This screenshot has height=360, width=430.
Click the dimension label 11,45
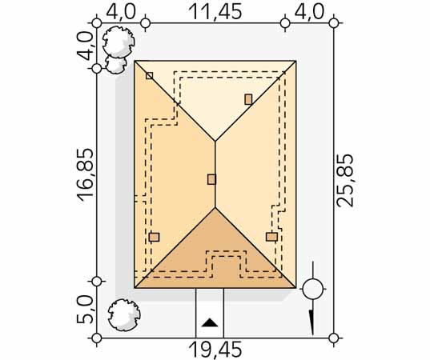tap(215, 11)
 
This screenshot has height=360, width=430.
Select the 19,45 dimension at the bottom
tap(215, 350)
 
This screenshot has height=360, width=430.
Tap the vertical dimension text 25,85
tap(344, 180)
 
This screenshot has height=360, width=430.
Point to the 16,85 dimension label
tap(86, 175)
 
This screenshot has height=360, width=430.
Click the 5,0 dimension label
tap(86, 310)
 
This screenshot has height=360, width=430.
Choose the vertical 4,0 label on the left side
tap(86, 46)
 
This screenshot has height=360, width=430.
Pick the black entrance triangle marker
tap(210, 323)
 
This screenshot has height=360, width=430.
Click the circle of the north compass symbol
tap(313, 289)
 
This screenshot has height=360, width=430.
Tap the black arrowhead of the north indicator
tap(311, 322)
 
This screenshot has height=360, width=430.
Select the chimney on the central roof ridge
tap(211, 179)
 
